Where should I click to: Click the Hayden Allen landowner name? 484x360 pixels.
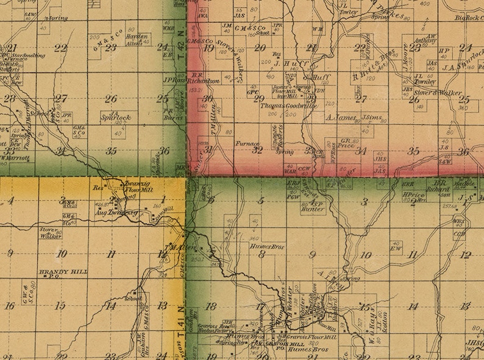coord(137,40)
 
